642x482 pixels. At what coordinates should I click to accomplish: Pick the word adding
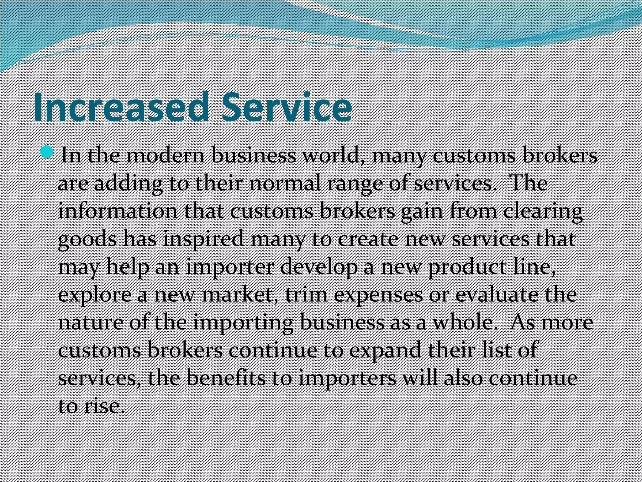(128, 184)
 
